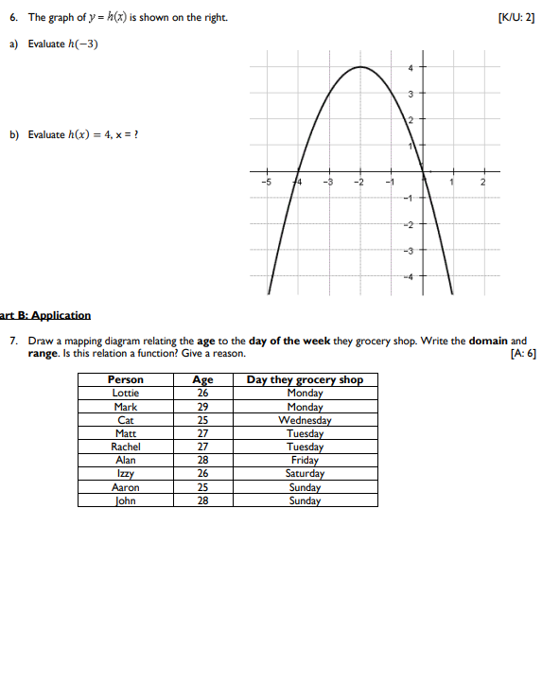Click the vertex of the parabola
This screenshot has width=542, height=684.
point(360,67)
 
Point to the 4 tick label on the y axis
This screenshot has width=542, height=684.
point(411,67)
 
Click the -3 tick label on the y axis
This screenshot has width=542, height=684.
point(409,250)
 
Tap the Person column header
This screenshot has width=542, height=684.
point(126,379)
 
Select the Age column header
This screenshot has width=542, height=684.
point(202,379)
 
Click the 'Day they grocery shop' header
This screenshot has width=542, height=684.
point(305,379)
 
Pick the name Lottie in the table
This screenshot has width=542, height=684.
point(126,393)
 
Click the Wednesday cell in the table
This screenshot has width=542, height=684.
point(305,420)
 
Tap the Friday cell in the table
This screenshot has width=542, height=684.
point(305,461)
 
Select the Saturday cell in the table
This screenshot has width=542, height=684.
point(305,474)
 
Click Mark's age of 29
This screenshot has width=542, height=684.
point(202,407)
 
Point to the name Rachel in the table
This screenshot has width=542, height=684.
point(126,447)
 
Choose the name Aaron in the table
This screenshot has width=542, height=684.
point(126,487)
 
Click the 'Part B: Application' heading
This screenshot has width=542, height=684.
point(45,315)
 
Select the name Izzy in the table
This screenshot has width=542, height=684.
point(126,474)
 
